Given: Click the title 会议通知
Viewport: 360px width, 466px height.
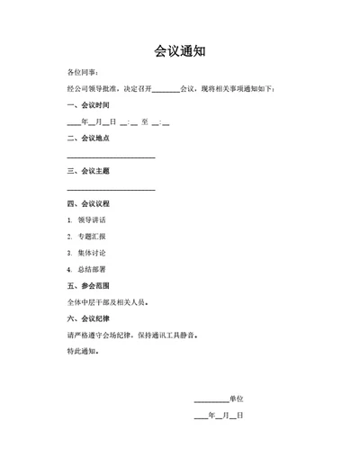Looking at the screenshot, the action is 179,51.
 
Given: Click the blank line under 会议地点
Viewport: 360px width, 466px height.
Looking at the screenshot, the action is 111,157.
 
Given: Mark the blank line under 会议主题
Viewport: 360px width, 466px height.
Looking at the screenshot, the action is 111,189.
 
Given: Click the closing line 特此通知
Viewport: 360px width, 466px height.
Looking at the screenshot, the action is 84,351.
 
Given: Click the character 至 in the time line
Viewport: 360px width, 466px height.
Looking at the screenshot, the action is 145,121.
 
